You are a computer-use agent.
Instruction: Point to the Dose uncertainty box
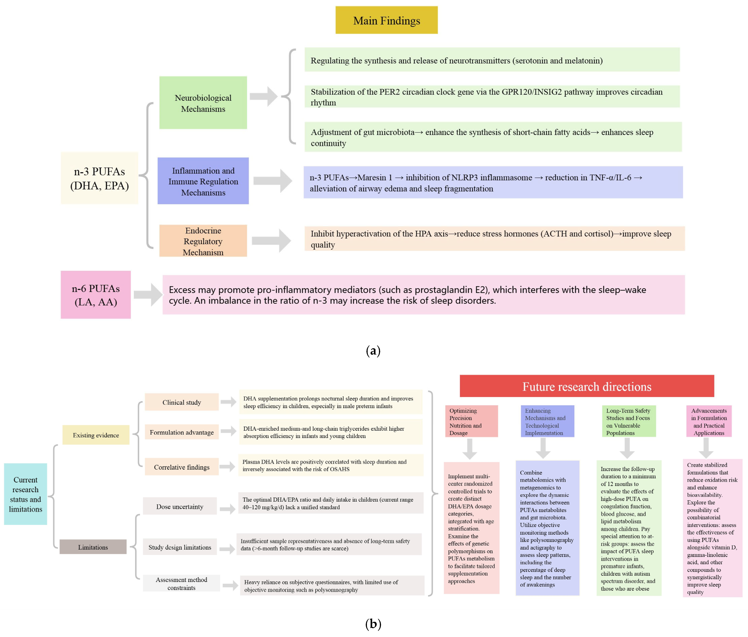click(180, 506)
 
